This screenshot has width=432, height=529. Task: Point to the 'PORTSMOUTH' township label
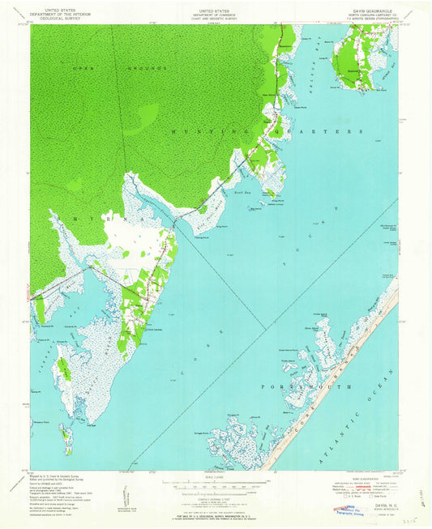308,387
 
